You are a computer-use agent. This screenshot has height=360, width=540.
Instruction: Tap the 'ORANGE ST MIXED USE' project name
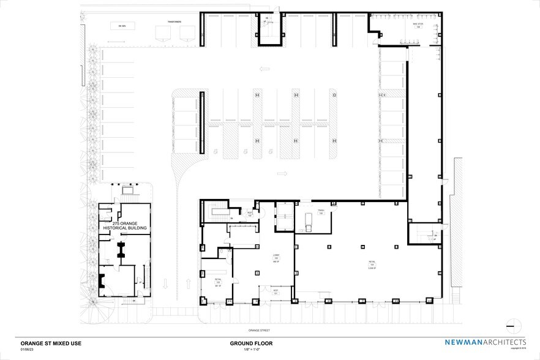(x=51, y=343)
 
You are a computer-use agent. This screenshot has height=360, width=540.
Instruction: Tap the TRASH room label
(x=320, y=212)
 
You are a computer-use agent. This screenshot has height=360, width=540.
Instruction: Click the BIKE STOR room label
(x=418, y=26)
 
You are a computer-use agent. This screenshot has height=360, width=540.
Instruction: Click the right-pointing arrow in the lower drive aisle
(x=282, y=174)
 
